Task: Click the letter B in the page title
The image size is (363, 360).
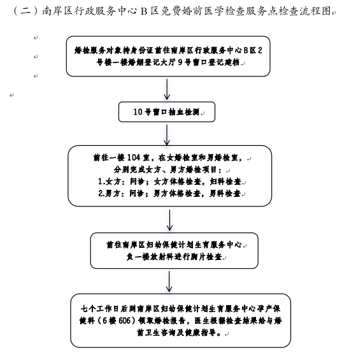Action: pos(144,11)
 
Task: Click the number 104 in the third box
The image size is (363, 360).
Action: pos(134,157)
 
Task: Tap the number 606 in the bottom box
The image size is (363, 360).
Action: pos(125,320)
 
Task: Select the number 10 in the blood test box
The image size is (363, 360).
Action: pos(138,112)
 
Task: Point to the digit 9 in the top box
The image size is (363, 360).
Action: pos(180,62)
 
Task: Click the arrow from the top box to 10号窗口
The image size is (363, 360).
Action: pos(167,89)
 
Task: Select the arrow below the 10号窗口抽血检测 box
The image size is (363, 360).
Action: pos(167,135)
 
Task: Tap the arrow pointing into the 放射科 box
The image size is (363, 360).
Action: pos(169,220)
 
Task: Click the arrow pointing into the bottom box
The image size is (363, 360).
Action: pos(169,281)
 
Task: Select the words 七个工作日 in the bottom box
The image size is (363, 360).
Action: pos(100,308)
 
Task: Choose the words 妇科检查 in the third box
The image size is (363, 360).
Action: pos(225,182)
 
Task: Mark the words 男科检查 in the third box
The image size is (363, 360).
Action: pos(225,193)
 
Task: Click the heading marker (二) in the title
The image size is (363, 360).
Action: pos(25,11)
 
